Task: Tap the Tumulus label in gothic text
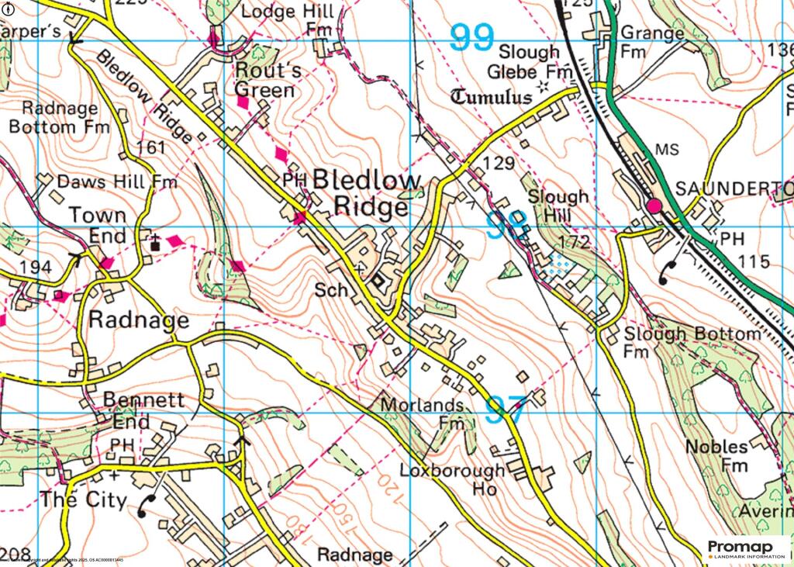(x=492, y=98)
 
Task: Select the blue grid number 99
(x=472, y=38)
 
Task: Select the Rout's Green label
(x=266, y=81)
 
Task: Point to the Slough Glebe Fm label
(x=529, y=62)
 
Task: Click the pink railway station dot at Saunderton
(x=654, y=206)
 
